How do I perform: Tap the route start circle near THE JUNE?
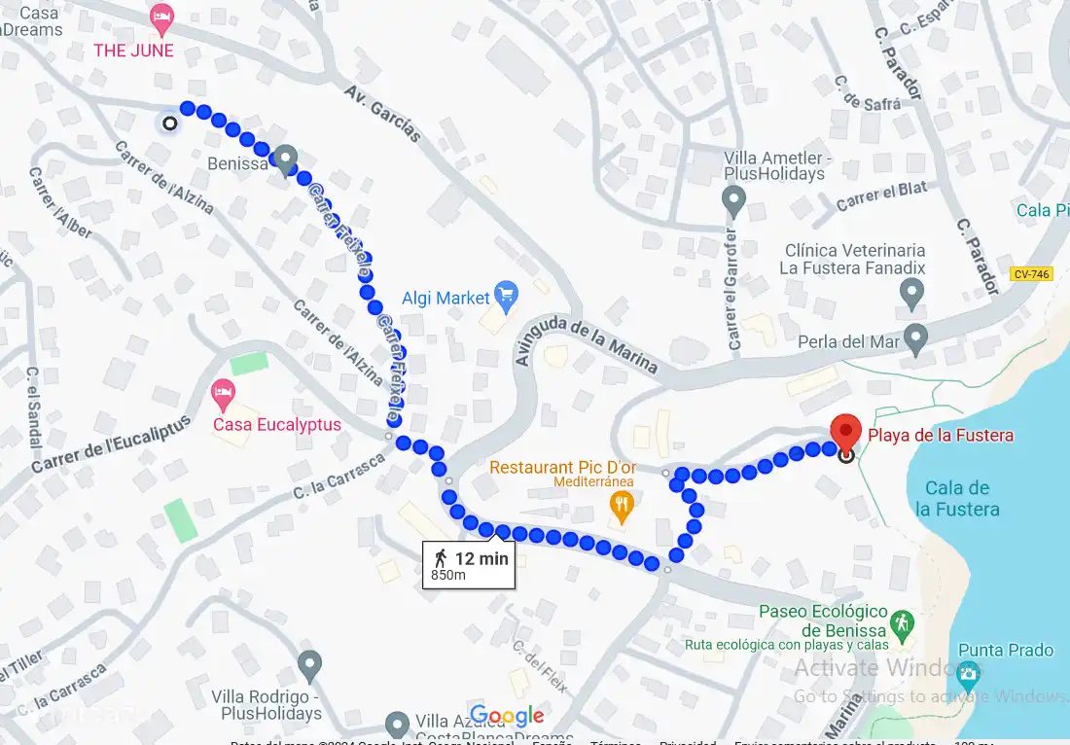point(170,124)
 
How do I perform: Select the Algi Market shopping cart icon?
point(505,293)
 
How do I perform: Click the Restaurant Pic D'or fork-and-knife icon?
point(621,504)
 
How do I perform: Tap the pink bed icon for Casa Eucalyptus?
point(223,394)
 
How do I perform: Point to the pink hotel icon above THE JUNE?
point(161,18)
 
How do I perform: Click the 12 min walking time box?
point(470,564)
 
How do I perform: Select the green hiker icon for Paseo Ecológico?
point(903,622)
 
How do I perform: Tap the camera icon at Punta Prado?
point(967,672)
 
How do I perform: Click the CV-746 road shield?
point(1030,274)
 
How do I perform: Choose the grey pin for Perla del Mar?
point(915,338)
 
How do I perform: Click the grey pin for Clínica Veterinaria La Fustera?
point(911,291)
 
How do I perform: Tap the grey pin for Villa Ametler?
point(734,201)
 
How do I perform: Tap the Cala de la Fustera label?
point(957,498)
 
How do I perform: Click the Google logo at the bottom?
point(507,717)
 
